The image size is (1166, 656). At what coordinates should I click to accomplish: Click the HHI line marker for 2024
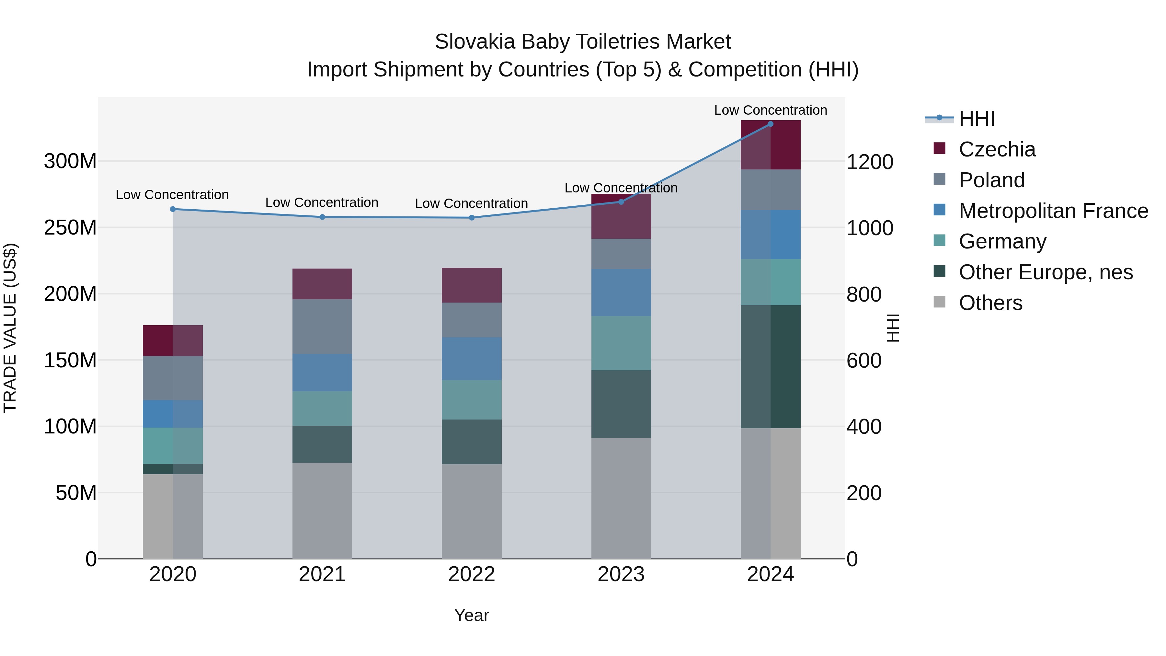(x=771, y=124)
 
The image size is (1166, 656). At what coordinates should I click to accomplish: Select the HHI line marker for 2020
(x=173, y=209)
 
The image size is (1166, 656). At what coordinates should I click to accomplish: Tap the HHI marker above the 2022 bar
(x=472, y=218)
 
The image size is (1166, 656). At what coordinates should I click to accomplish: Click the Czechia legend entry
(x=997, y=149)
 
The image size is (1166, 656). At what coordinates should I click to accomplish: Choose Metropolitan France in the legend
(x=1053, y=211)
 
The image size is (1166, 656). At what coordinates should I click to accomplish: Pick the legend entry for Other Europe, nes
(x=1046, y=272)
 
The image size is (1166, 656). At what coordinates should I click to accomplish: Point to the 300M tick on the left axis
(x=70, y=161)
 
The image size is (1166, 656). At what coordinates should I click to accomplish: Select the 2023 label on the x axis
(x=621, y=574)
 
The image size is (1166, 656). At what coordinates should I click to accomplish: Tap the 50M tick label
(x=76, y=492)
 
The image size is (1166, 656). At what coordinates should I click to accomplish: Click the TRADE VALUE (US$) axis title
(x=10, y=328)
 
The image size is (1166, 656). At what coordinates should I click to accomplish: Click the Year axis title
(x=472, y=615)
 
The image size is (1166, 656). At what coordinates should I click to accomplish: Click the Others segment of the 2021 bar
(x=322, y=511)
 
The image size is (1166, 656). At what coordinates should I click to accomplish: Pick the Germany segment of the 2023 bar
(x=621, y=343)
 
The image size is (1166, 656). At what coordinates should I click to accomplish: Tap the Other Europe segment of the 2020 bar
(x=173, y=469)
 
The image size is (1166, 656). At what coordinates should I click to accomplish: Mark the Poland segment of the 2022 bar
(x=472, y=320)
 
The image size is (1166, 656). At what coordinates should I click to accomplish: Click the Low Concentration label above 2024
(x=771, y=110)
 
